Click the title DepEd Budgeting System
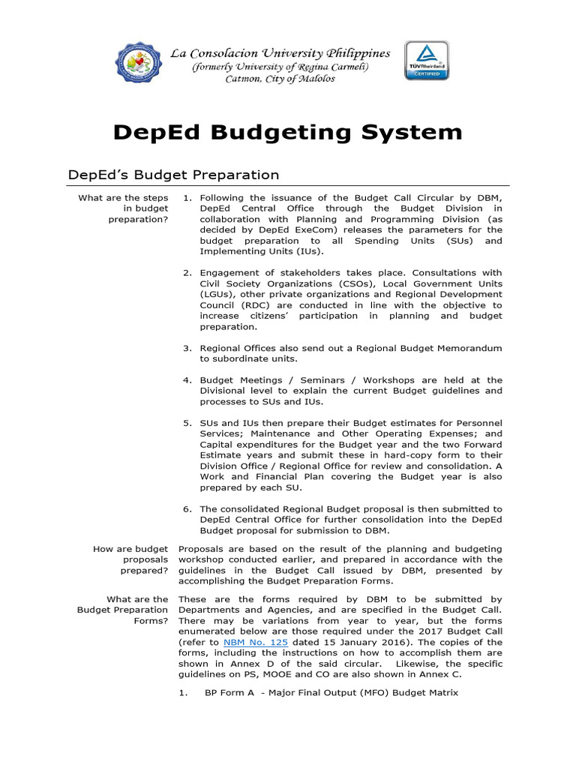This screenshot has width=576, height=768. coord(288,132)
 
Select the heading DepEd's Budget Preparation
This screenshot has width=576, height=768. coord(173,175)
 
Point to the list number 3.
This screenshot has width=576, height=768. coord(187,348)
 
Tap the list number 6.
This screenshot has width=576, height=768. coord(187,509)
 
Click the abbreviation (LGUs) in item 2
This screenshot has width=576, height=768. coord(214,295)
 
